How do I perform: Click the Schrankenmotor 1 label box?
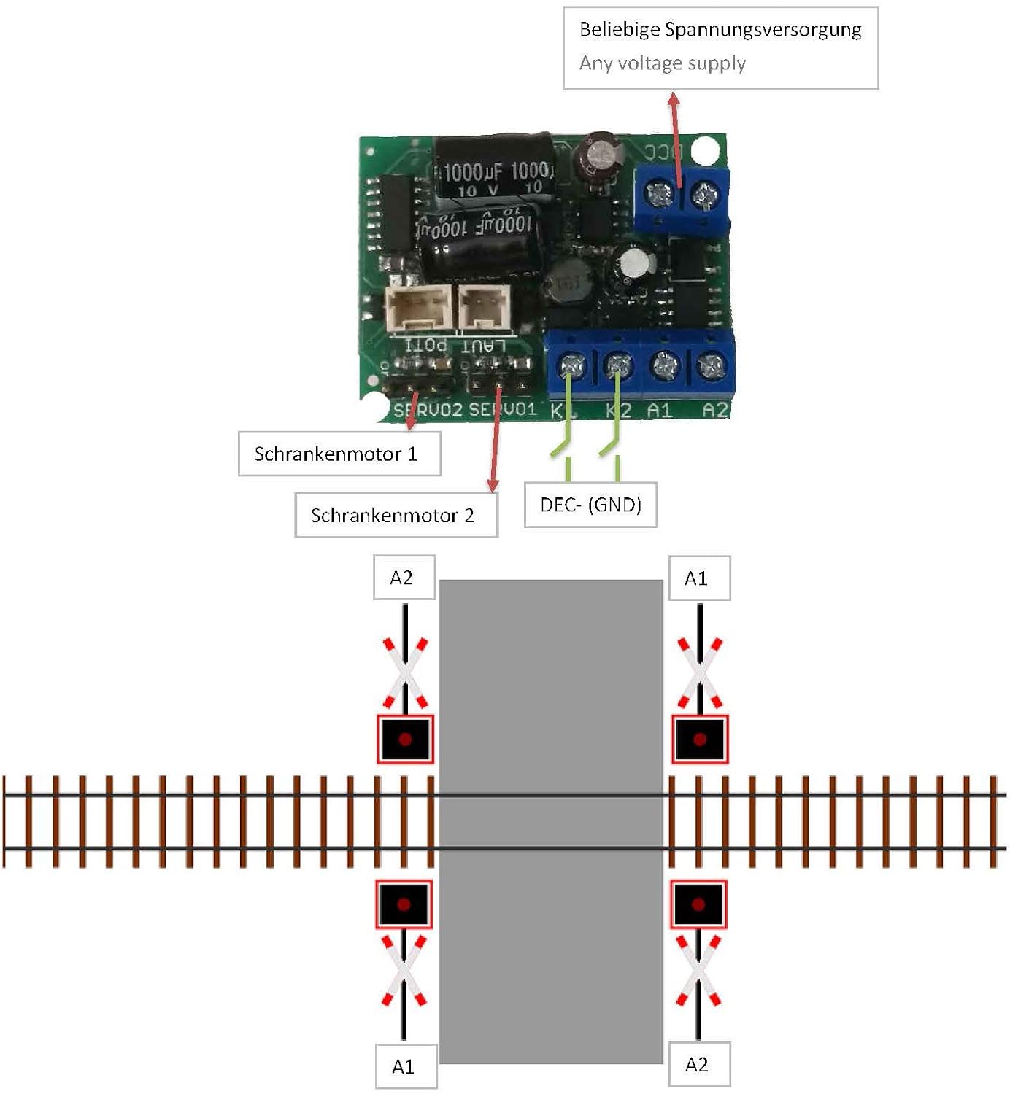[x=339, y=454]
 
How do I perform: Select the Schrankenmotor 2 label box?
[x=396, y=516]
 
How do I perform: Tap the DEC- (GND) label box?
[x=590, y=505]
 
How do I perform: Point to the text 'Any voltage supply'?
[x=662, y=63]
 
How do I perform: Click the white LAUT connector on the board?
[x=483, y=307]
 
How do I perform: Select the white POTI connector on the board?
[x=418, y=307]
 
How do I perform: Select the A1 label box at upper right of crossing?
[x=699, y=578]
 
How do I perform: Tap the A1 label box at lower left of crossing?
[x=405, y=1067]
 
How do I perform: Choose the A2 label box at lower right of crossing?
[x=699, y=1065]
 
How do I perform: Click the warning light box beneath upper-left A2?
[x=405, y=740]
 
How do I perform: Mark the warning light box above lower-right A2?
[x=698, y=905]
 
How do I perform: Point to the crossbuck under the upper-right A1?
[x=700, y=672]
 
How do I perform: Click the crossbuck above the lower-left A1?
[x=404, y=971]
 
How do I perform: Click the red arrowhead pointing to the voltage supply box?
[x=674, y=98]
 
